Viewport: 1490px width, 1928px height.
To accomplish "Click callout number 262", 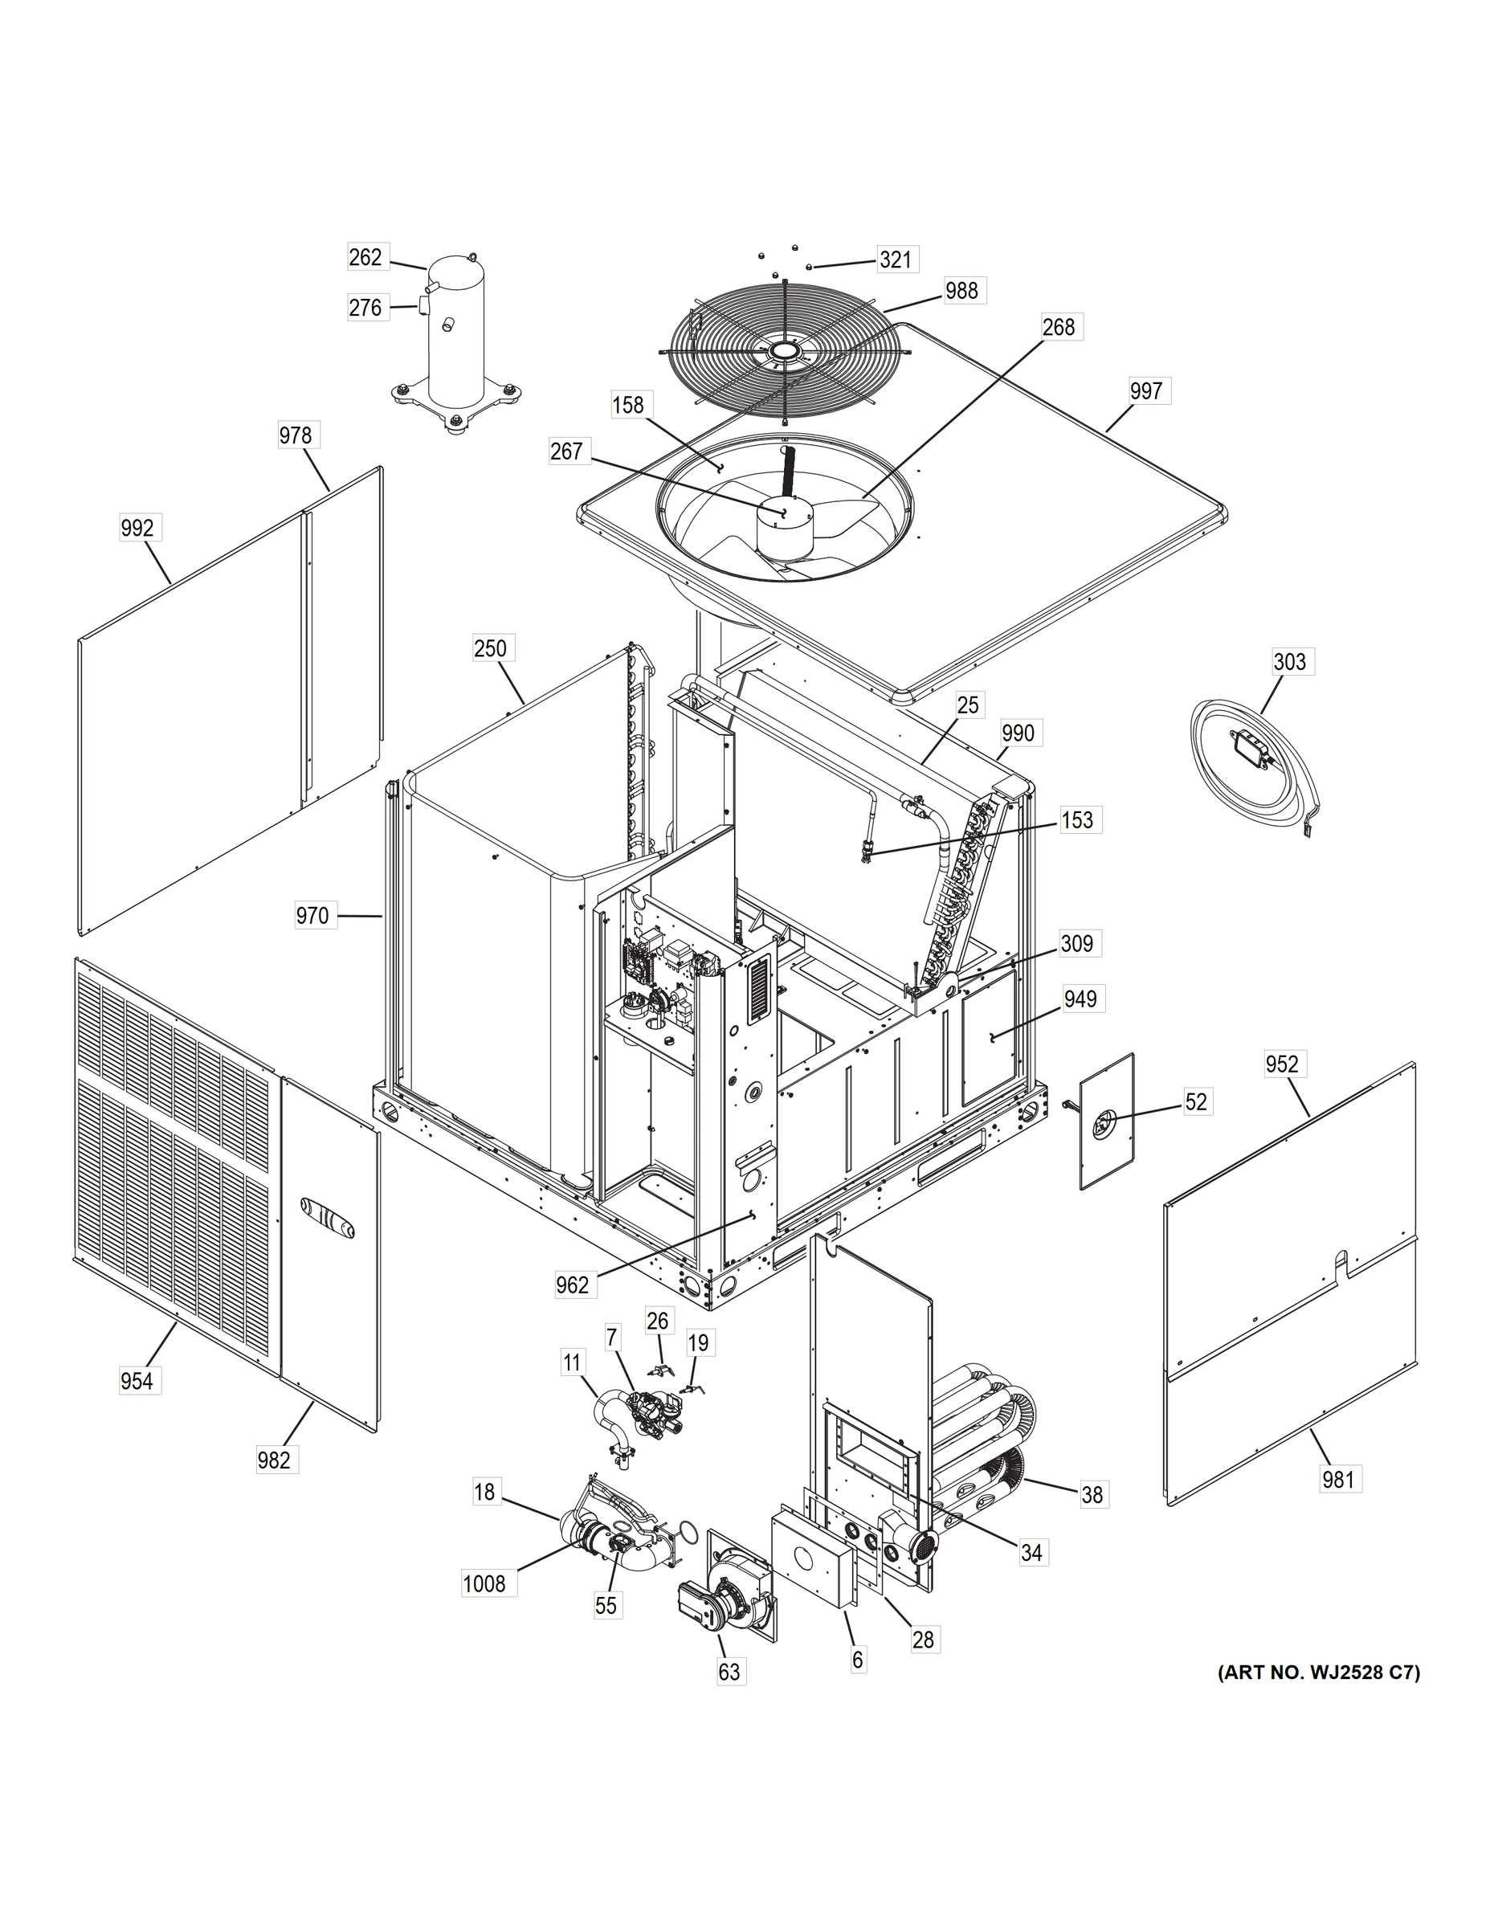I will click(365, 257).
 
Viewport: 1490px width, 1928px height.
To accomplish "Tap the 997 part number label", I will click(1145, 390).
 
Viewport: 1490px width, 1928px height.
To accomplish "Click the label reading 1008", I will click(484, 1583).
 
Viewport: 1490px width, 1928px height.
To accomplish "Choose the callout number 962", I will click(572, 1285).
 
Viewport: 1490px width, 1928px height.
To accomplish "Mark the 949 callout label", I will click(1080, 999).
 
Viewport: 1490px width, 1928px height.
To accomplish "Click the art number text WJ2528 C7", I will click(1319, 1672).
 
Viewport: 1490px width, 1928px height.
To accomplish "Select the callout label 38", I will click(1092, 1494).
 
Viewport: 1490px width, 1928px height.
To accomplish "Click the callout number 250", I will click(490, 648).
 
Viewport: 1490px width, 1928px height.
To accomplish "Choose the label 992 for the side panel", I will click(137, 528).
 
